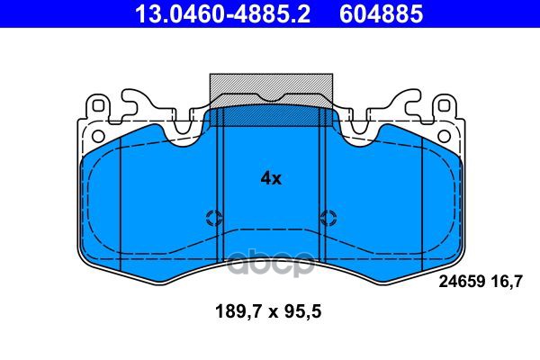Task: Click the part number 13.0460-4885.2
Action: pos(222,13)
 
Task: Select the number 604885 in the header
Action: pos(381,13)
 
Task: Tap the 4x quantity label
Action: pos(271,178)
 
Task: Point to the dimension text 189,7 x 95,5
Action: pos(268,311)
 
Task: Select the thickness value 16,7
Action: pos(509,282)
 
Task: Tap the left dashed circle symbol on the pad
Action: pos(214,218)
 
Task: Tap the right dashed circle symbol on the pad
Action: pos(328,218)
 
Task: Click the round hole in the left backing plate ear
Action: pos(99,136)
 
